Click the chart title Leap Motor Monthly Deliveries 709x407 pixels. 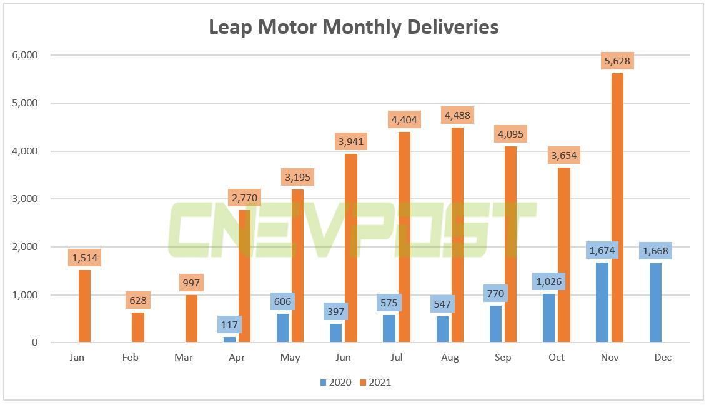(354, 27)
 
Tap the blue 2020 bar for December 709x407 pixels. (655, 303)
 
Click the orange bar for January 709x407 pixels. (84, 306)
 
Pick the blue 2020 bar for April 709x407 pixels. (230, 339)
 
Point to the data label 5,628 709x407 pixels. (617, 61)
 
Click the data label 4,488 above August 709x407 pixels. (457, 115)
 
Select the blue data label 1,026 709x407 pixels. (548, 281)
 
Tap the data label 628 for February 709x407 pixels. (137, 301)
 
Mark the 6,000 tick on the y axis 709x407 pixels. (25, 55)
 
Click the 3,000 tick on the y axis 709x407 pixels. (25, 199)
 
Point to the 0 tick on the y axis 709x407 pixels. (35, 343)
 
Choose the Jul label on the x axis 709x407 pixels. (397, 358)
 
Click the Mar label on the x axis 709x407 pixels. (184, 358)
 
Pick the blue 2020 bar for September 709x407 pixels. (495, 324)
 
